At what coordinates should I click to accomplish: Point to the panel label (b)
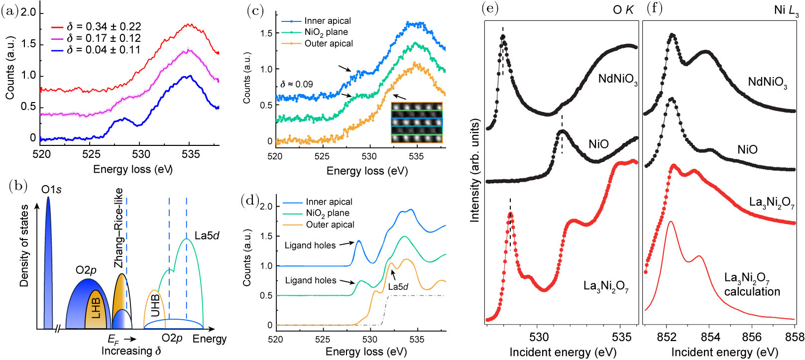click(18, 187)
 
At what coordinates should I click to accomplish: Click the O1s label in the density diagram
click(52, 190)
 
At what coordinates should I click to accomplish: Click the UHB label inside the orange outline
click(155, 305)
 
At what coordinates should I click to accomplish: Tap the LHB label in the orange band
click(96, 308)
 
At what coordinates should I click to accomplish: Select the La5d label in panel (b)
click(207, 236)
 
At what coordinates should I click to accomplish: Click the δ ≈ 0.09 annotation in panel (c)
click(296, 85)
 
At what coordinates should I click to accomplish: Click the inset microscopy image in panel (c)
click(416, 122)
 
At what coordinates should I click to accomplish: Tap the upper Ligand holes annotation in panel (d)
click(310, 245)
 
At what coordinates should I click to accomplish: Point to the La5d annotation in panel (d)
click(398, 287)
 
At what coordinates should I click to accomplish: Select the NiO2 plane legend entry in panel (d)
click(327, 213)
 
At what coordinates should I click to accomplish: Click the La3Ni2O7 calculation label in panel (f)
click(752, 285)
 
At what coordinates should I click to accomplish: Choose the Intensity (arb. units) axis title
click(475, 171)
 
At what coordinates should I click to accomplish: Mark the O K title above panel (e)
click(623, 10)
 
